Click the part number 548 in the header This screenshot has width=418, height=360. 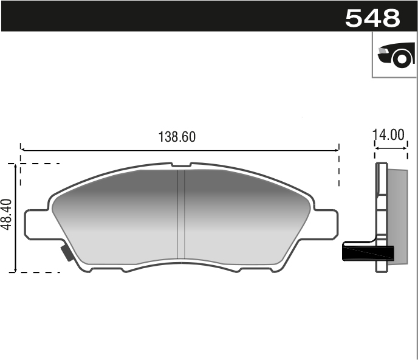(x=372, y=18)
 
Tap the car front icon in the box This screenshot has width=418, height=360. (x=395, y=55)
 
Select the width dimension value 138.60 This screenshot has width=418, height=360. (x=177, y=137)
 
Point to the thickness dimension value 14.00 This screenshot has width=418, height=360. (x=389, y=135)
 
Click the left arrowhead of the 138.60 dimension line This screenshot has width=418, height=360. (x=22, y=148)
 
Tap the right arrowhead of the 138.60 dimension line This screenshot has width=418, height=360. (x=337, y=148)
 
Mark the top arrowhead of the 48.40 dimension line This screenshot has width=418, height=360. (x=15, y=165)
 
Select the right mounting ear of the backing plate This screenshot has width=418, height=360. (x=326, y=223)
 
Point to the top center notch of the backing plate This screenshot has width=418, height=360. (x=181, y=165)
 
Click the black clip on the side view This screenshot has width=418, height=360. (x=368, y=251)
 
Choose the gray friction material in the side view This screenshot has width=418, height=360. (x=397, y=213)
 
